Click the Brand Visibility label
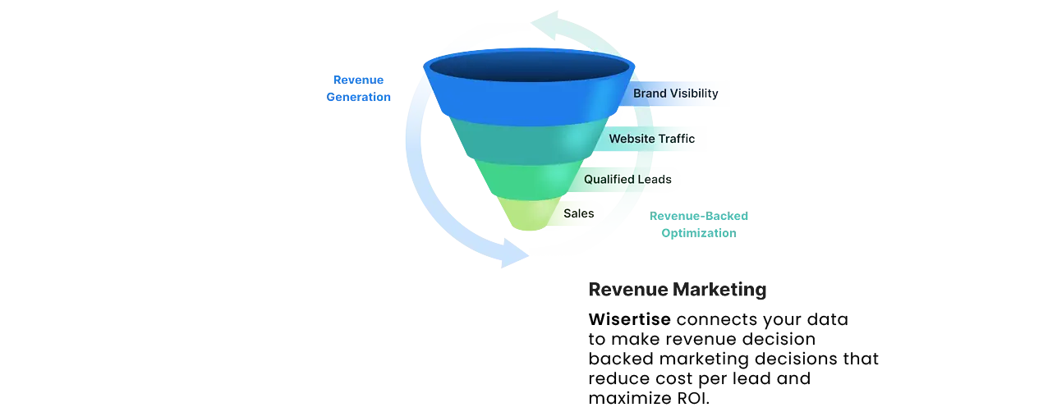point(675,94)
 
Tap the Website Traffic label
point(651,139)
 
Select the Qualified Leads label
point(627,179)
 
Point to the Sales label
point(578,213)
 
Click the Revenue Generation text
point(358,89)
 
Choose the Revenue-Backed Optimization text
point(698,224)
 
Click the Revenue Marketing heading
point(677,289)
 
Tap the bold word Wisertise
point(629,318)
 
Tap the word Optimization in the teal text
point(698,233)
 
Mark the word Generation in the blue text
point(358,97)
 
